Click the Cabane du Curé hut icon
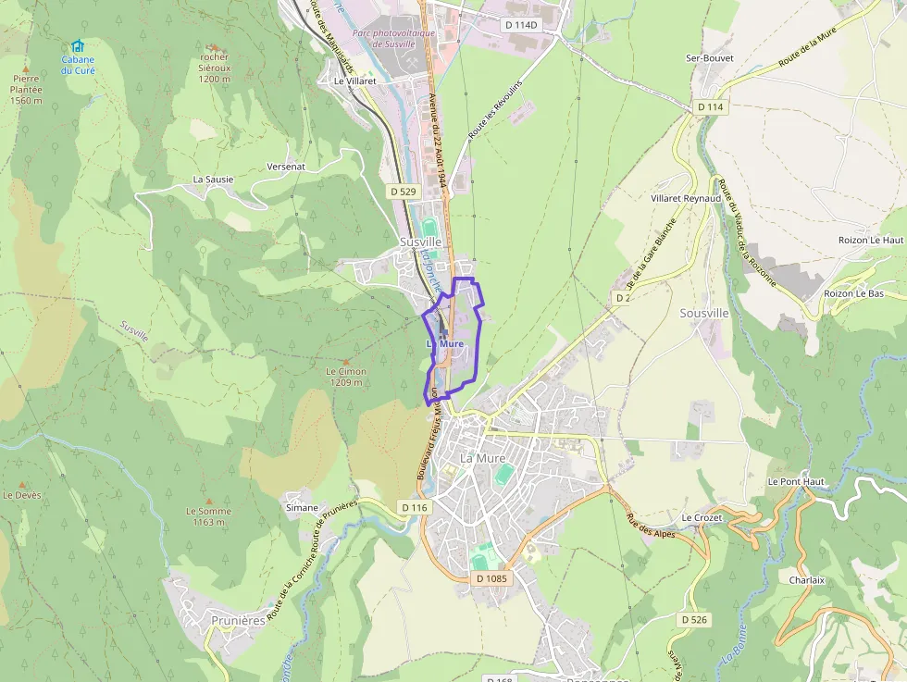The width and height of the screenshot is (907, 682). (78, 46)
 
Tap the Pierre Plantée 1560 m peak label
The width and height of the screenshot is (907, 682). (26, 90)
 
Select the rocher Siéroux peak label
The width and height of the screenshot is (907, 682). (214, 68)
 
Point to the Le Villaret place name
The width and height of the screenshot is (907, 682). (354, 81)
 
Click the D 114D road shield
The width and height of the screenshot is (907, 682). (521, 24)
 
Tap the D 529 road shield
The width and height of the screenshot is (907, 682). (403, 191)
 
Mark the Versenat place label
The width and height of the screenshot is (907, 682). (285, 166)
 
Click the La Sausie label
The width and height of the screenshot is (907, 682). (213, 179)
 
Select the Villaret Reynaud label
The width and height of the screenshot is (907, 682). (685, 199)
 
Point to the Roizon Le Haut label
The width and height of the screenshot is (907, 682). (869, 240)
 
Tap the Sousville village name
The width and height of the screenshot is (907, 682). (704, 314)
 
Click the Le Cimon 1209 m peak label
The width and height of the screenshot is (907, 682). (346, 377)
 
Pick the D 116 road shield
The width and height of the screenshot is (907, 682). (416, 507)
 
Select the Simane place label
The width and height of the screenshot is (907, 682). (302, 507)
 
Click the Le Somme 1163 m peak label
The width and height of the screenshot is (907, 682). (208, 516)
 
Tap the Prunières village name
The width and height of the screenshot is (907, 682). (238, 621)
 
